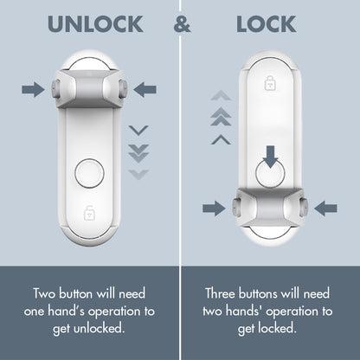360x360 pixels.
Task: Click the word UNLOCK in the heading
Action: pos(95,23)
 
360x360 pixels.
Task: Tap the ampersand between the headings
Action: pos(183,23)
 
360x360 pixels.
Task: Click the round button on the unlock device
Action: pos(89,172)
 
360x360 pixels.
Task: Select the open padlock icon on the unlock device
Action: pos(89,211)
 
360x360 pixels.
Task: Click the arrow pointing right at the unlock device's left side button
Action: pos(33,87)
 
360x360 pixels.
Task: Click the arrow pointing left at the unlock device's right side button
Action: pos(145,87)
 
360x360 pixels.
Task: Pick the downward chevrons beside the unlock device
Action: pos(138,151)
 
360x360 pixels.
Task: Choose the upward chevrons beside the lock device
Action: pos(222,117)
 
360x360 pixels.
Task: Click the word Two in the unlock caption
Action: pos(46,292)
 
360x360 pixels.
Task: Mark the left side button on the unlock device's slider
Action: pos(54,87)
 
